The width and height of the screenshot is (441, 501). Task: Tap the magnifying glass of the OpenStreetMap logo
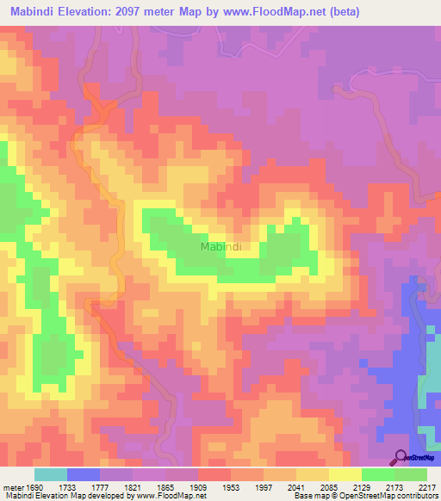tap(401, 457)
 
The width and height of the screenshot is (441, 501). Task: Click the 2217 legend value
tap(425, 486)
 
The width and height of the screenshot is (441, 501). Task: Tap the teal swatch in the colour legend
tap(50, 474)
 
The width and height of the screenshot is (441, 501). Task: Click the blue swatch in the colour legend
tap(84, 474)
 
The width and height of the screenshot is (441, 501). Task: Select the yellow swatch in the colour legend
tap(345, 474)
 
